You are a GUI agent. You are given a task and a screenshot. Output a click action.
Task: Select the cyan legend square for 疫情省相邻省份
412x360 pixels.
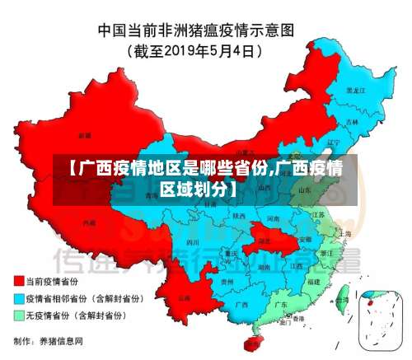(17, 298)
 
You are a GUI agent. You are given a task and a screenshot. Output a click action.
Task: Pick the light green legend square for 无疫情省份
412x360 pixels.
(17, 315)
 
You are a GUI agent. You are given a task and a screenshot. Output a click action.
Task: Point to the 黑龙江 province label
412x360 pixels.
(355, 89)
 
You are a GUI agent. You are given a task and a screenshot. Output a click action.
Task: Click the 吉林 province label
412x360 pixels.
(353, 121)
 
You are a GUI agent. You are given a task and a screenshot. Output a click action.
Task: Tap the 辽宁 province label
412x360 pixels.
(333, 141)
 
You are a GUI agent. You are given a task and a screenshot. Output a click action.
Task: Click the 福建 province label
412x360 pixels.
(314, 281)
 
